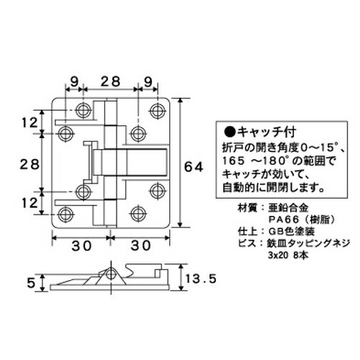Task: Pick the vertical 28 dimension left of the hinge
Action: point(29,165)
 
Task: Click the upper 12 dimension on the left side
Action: point(29,124)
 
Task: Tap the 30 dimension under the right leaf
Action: point(140,246)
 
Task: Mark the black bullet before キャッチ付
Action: point(230,132)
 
